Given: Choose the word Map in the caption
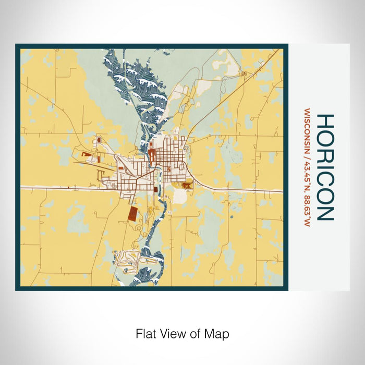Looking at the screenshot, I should coord(218,333).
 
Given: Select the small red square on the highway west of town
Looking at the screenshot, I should coord(68,187).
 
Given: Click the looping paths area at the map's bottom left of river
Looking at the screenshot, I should coord(128,257).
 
